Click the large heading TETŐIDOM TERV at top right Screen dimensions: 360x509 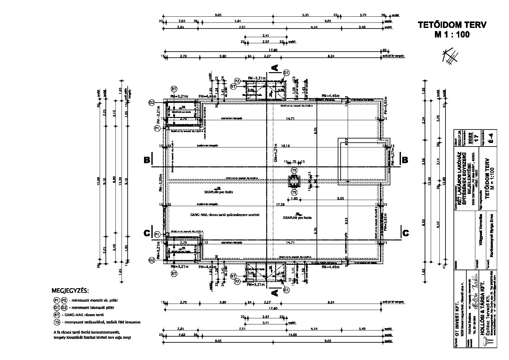(452, 25)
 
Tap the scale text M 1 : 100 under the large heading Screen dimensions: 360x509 (452, 35)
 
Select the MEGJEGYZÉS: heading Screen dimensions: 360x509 (70, 291)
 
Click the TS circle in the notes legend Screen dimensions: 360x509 (57, 322)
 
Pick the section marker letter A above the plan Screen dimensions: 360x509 (275, 68)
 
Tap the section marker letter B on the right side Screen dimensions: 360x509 (405, 160)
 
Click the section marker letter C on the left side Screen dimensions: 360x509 (147, 233)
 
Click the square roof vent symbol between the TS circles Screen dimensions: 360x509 (294, 181)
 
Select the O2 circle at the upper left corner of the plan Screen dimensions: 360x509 (151, 103)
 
